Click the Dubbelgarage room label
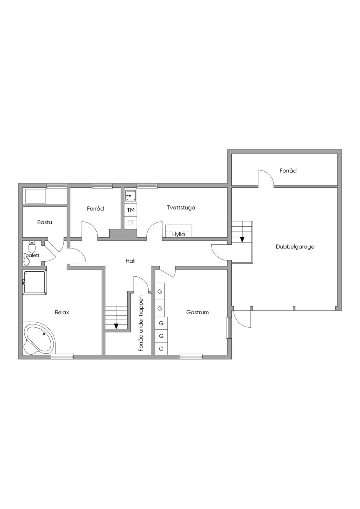pos(295,247)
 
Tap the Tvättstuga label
pos(181,207)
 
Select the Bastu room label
pos(45,222)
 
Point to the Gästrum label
pos(198,312)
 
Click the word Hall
pos(130,261)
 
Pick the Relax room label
pos(62,312)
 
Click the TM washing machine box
pos(130,210)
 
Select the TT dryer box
pos(130,223)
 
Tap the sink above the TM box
pos(130,195)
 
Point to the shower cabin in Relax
pos(34,282)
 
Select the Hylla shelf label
pos(178,234)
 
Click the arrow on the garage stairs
pos(242,240)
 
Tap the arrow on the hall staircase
pos(116,326)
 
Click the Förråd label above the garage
pos(288,171)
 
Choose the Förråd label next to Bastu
pos(95,209)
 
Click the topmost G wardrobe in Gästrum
pos(160,291)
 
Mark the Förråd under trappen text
pos(141,323)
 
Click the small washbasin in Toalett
pos(26,262)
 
